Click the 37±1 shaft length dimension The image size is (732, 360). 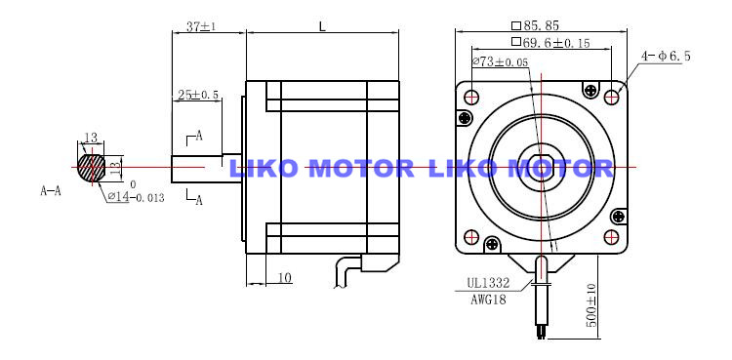(201, 26)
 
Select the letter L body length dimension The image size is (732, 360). (322, 26)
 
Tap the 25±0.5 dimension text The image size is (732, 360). (198, 95)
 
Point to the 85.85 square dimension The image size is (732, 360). (535, 25)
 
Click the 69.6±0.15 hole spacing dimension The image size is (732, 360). (550, 43)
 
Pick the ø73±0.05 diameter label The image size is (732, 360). (501, 61)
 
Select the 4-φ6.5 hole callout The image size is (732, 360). (666, 57)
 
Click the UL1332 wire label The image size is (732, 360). (488, 283)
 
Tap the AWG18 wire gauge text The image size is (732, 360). (488, 300)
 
